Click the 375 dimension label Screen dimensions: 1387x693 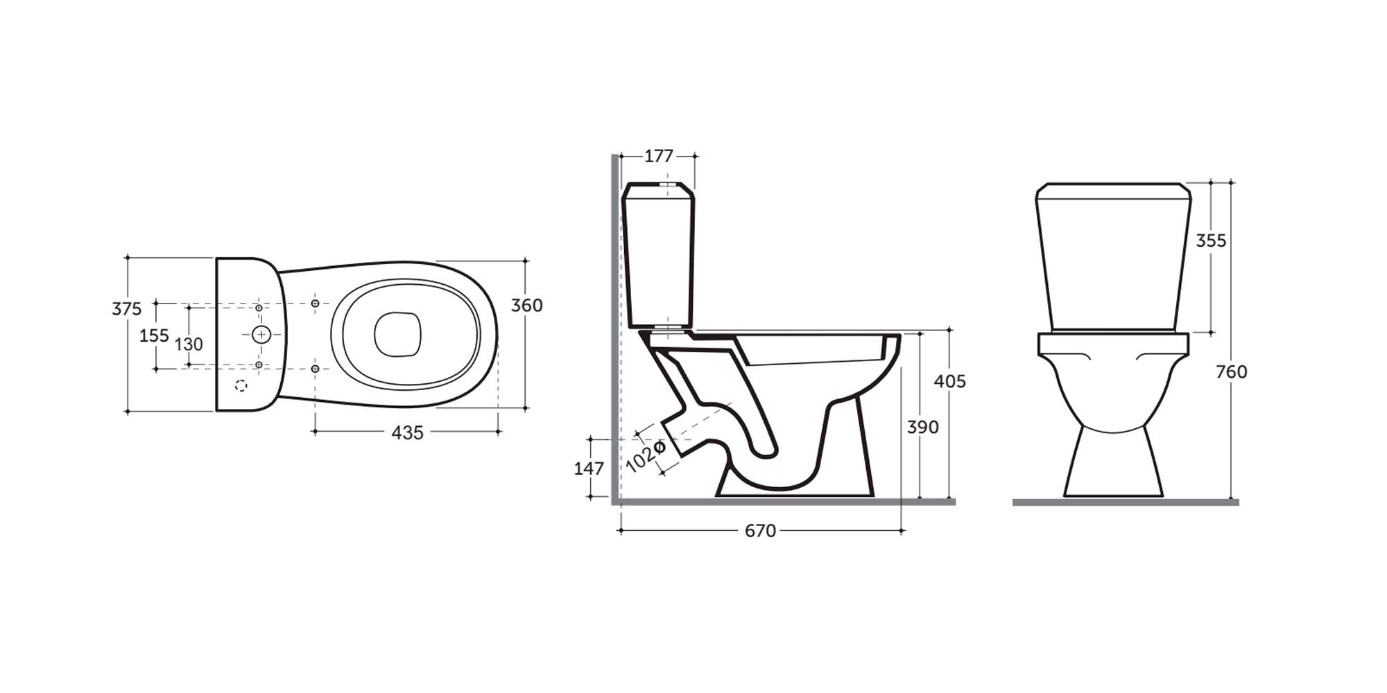pos(127,308)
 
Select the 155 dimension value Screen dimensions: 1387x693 pos(154,335)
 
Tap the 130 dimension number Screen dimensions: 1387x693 pos(189,344)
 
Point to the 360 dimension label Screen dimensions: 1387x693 pos(527,305)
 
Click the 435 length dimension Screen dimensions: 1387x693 pos(407,432)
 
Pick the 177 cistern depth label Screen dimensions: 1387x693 pos(659,156)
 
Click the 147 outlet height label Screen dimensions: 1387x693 pos(589,468)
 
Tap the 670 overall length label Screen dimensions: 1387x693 pos(760,531)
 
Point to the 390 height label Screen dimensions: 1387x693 pos(923,427)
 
